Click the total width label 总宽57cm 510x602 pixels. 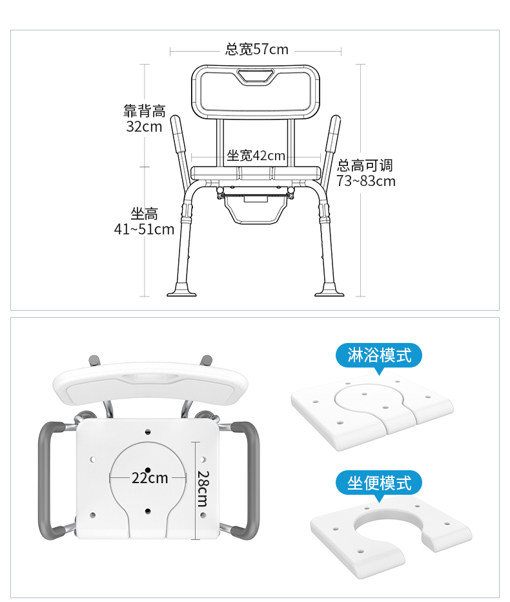257,50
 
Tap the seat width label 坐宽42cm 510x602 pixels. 256,156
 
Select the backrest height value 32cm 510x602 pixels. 145,127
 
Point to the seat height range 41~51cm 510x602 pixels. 145,229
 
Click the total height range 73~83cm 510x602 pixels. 366,181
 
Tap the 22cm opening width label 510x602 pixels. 150,478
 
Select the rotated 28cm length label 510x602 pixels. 203,489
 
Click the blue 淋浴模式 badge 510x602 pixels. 379,356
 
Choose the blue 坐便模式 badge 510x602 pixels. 379,483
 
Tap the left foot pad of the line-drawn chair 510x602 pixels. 181,290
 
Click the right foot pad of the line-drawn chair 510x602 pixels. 330,290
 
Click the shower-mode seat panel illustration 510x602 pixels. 372,410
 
